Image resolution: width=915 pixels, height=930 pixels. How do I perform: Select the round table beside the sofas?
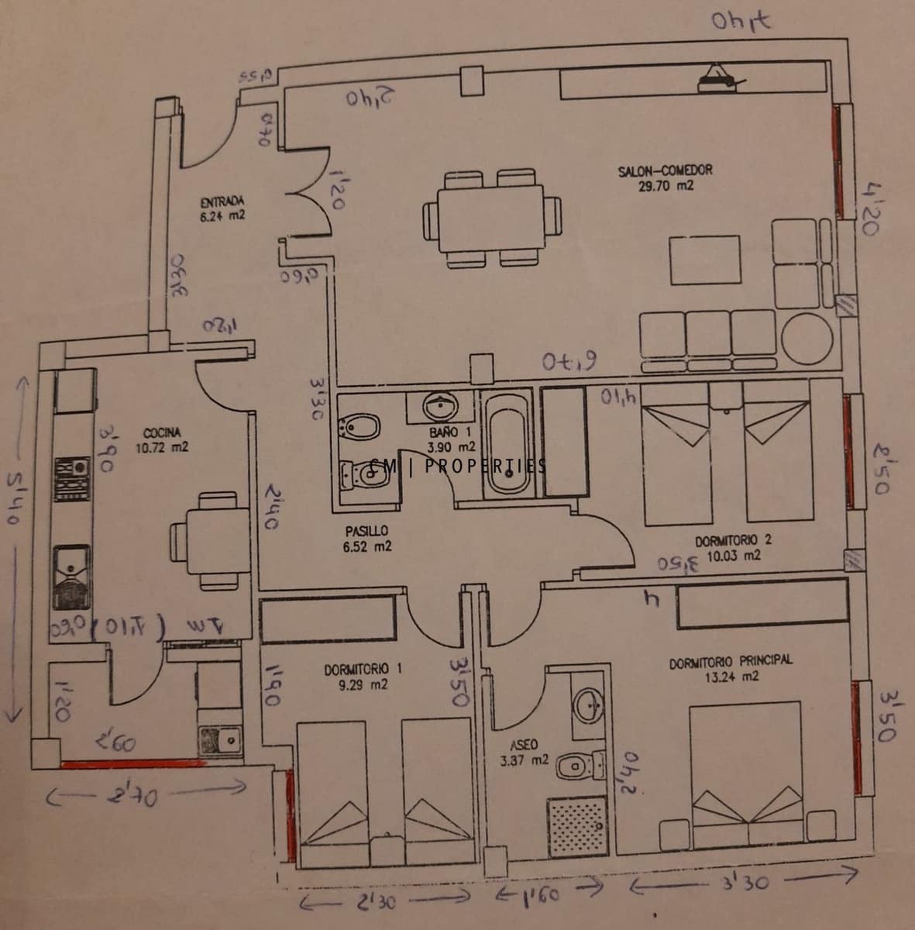pyautogui.click(x=807, y=339)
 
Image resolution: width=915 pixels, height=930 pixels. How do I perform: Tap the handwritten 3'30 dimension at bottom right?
pyautogui.click(x=744, y=881)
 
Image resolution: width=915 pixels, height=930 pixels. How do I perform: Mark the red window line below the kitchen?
pyautogui.click(x=132, y=763)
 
